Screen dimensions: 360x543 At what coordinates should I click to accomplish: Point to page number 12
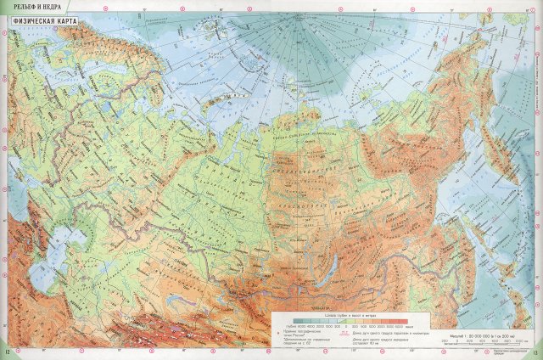point(7,353)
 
